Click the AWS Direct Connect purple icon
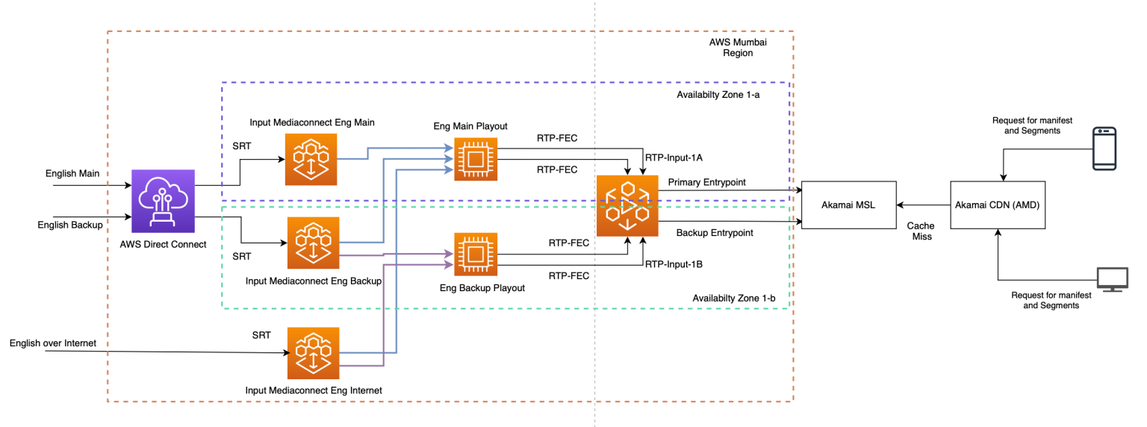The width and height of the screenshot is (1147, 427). (x=163, y=201)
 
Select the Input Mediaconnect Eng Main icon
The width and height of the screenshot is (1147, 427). (x=311, y=159)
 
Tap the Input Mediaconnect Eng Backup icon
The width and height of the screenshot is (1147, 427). (x=313, y=243)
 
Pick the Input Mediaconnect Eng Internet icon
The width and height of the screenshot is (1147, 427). (x=313, y=352)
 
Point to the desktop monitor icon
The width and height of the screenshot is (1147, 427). (x=1111, y=279)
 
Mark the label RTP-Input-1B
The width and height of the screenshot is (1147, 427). (x=674, y=264)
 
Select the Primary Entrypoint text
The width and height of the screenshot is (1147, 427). (x=706, y=181)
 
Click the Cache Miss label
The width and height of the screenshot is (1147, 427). (x=920, y=231)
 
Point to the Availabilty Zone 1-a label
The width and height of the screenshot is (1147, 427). (x=722, y=95)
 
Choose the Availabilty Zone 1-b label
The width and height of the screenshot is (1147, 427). (x=733, y=299)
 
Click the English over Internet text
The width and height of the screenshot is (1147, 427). (x=53, y=343)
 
